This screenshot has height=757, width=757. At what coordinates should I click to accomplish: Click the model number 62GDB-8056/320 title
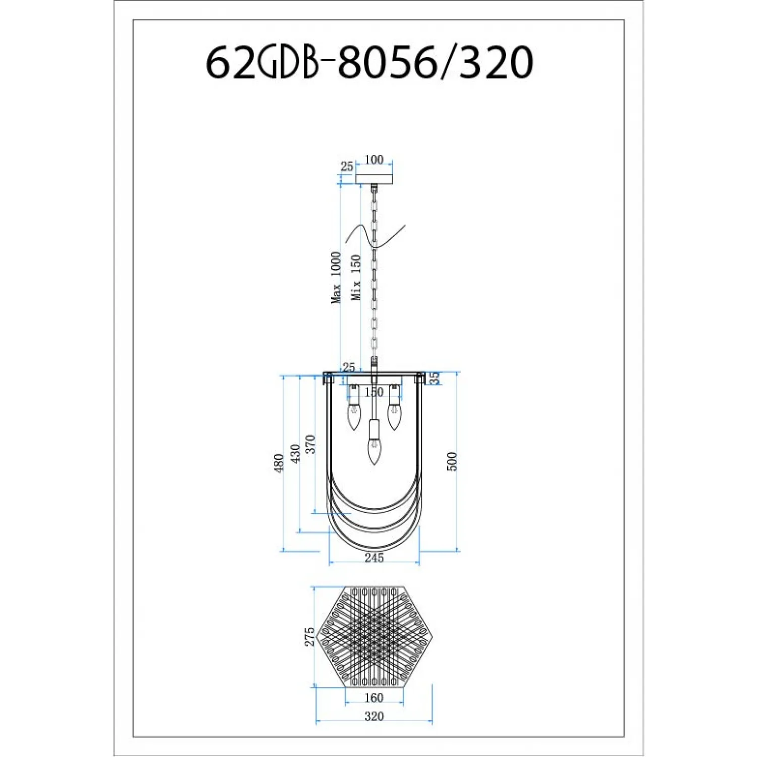coord(369,62)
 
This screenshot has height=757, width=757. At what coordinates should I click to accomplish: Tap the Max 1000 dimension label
coord(336,278)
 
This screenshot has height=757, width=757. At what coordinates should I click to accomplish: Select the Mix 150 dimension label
coord(356,278)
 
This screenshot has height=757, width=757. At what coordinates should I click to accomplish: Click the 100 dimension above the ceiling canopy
coord(373,159)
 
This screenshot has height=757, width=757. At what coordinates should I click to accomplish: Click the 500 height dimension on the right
coord(452,461)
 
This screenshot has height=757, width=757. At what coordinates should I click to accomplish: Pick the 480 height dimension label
coord(279,463)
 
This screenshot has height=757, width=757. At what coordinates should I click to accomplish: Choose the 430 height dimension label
coord(296,453)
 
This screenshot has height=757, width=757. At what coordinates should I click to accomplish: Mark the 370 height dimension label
coord(311,444)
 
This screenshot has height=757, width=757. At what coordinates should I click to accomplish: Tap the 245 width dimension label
coord(374,558)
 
